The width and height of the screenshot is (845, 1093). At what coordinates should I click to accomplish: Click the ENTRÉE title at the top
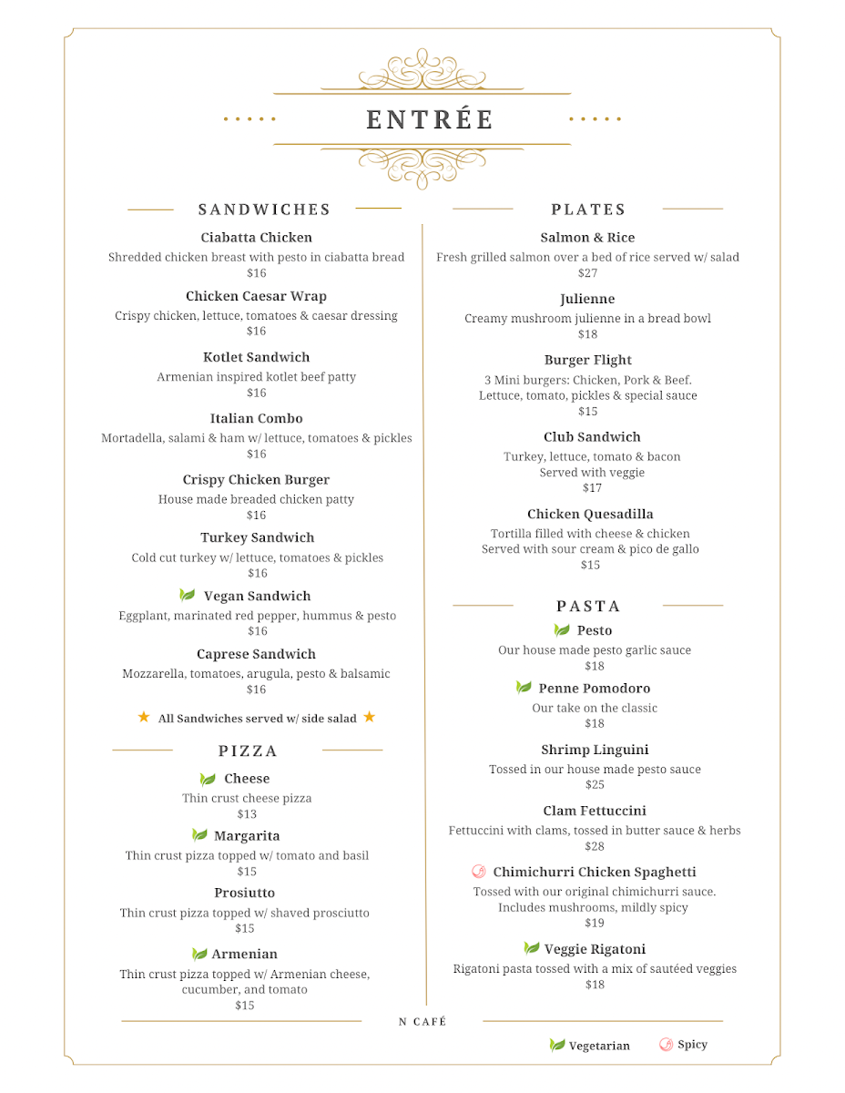pyautogui.click(x=430, y=120)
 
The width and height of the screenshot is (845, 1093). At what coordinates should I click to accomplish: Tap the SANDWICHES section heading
pyautogui.click(x=264, y=209)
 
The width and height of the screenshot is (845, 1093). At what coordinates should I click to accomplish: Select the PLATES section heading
pyautogui.click(x=588, y=209)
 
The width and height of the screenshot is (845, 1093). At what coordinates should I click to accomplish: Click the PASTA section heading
pyautogui.click(x=588, y=607)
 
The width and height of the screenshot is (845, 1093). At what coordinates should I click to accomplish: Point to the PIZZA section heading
pyautogui.click(x=248, y=751)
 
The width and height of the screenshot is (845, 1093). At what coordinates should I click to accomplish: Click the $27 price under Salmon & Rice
pyautogui.click(x=587, y=273)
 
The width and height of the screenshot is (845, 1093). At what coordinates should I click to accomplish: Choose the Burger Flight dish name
pyautogui.click(x=587, y=361)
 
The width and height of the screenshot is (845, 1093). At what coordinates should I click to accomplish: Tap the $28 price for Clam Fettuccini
pyautogui.click(x=595, y=846)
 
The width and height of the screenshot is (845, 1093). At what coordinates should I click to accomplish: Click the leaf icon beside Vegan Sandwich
pyautogui.click(x=188, y=596)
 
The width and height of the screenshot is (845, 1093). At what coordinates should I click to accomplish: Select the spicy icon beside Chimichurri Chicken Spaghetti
pyautogui.click(x=479, y=872)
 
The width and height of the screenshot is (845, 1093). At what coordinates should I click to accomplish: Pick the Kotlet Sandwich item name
pyautogui.click(x=256, y=357)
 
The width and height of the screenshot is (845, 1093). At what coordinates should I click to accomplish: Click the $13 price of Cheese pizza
pyautogui.click(x=247, y=814)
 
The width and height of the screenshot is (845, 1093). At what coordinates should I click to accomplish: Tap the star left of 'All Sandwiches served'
pyautogui.click(x=144, y=718)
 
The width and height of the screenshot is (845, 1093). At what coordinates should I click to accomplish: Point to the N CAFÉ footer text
pyautogui.click(x=422, y=1022)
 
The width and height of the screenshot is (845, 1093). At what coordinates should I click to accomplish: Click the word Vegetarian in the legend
pyautogui.click(x=599, y=1046)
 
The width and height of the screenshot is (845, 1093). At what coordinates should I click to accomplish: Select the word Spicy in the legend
pyautogui.click(x=692, y=1045)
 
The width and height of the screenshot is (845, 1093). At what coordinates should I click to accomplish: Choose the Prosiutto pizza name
pyautogui.click(x=244, y=893)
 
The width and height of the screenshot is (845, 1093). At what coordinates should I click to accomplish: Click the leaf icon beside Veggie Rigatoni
pyautogui.click(x=532, y=949)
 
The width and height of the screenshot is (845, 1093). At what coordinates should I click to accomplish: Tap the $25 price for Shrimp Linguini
pyautogui.click(x=595, y=784)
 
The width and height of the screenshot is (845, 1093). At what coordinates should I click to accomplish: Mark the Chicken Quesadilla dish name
pyautogui.click(x=590, y=515)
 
